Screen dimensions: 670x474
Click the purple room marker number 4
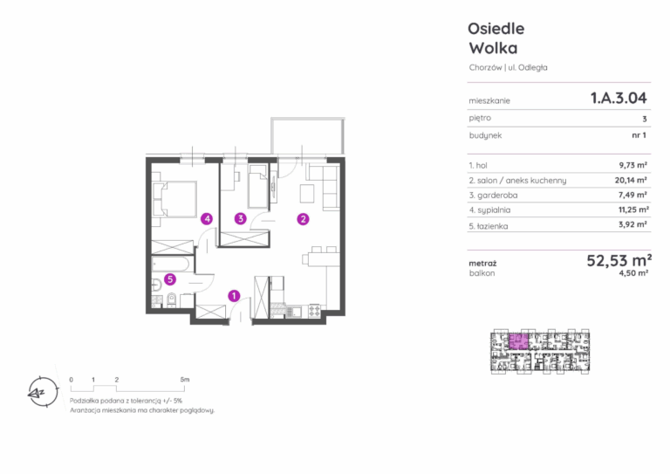pos(207,219)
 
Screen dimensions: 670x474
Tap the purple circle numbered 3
pos(241,219)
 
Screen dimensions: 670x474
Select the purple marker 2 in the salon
pos(303,219)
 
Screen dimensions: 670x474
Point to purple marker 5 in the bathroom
pos(170,279)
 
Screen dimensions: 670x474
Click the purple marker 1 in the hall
pos(234,295)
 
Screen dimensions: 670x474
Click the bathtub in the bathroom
pos(170,264)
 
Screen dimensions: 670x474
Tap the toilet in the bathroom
pos(172,299)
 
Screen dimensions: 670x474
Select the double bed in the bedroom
pos(174,199)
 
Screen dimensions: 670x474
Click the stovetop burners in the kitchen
pos(314,310)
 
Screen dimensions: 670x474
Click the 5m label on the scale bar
pos(185,380)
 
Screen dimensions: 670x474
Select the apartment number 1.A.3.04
pos(619,99)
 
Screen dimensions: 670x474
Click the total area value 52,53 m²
pos(619,260)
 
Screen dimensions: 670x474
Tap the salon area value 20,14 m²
pos(631,180)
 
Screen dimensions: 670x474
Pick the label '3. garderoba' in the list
pos(493,196)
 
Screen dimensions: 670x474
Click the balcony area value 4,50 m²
pos(633,272)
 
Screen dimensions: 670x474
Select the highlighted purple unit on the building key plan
pos(518,341)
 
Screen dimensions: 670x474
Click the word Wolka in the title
pos(493,48)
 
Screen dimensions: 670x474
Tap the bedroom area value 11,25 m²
pos(633,210)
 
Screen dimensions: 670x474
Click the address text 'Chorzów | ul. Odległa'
pos(508,67)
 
